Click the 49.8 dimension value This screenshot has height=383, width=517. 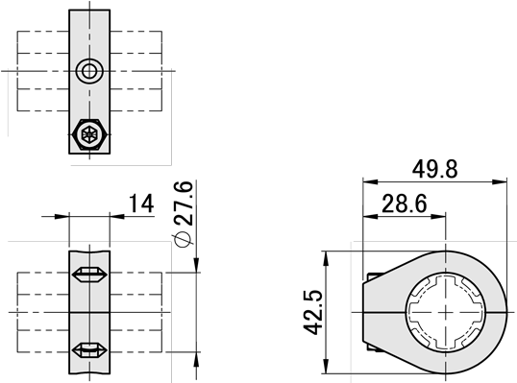coord(435,169)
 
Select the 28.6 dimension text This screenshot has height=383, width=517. coord(405,203)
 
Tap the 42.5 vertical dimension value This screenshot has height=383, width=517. coord(312,313)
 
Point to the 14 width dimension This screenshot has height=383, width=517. coord(141,203)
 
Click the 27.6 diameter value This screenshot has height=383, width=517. coord(184,203)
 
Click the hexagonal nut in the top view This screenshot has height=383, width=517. coord(89,134)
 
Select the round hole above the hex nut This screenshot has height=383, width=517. coord(89,71)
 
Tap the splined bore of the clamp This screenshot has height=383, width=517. coord(446,313)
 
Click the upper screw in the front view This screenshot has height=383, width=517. coord(89,275)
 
